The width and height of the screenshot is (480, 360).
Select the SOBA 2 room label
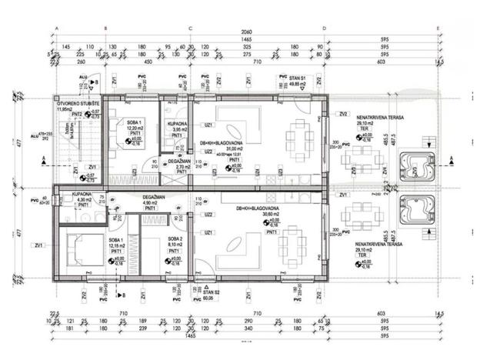click(177, 239)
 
